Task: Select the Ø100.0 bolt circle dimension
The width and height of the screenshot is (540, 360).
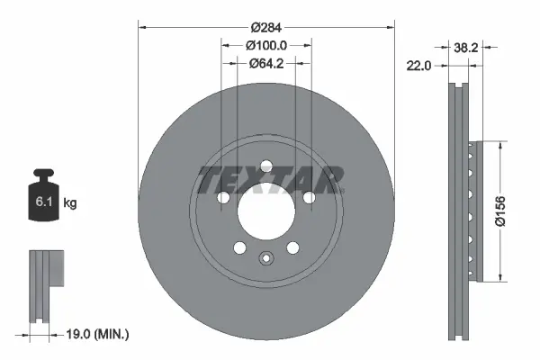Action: (266, 45)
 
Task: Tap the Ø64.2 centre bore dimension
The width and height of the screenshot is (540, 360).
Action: (266, 63)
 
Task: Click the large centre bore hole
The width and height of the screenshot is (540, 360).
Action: (266, 209)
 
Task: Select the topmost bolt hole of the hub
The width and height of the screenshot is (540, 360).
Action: (266, 165)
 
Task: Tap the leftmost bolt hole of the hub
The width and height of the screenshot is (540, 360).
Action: (224, 197)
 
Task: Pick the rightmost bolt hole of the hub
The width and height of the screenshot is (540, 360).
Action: (309, 196)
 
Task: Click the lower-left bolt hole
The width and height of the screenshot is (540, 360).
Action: (239, 247)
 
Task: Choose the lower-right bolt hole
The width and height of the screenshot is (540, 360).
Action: (292, 247)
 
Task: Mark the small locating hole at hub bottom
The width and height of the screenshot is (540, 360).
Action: (266, 259)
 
